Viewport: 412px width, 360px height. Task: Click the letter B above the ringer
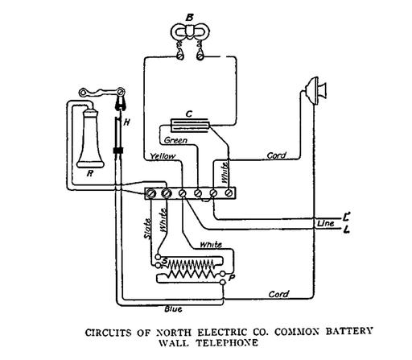pos(190,18)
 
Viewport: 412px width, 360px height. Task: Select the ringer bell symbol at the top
pos(190,33)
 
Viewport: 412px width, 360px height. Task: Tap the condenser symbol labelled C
pos(191,126)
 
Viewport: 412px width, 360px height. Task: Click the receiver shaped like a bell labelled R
pos(90,139)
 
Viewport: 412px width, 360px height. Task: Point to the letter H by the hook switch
pos(126,122)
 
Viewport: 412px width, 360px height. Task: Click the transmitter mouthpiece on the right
pos(317,91)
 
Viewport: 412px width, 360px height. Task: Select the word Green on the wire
pos(175,140)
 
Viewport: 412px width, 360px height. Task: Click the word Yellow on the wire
pos(163,156)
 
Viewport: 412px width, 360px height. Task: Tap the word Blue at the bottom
pos(173,309)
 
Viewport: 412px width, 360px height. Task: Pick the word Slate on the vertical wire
pos(147,229)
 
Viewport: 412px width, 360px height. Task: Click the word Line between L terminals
pos(326,223)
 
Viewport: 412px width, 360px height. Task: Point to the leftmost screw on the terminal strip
pos(150,193)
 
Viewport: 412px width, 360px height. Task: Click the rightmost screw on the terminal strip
pos(229,192)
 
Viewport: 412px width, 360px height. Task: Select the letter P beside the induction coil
pos(231,278)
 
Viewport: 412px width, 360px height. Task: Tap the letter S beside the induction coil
pos(165,261)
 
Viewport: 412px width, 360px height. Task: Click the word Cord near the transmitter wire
pos(277,155)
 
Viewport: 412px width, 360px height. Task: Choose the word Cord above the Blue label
pos(278,294)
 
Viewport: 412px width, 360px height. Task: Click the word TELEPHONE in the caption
pos(227,343)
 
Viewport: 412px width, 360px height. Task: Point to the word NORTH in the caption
pos(174,333)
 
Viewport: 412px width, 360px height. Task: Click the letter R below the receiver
pos(90,173)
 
